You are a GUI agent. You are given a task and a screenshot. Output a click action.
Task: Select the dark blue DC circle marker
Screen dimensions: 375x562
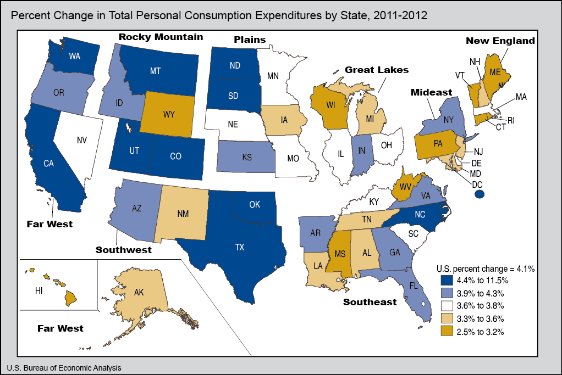click(480, 194)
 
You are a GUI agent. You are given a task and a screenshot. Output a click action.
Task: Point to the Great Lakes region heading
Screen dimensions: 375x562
click(377, 70)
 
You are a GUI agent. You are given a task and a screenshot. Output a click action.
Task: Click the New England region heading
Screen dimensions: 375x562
click(500, 41)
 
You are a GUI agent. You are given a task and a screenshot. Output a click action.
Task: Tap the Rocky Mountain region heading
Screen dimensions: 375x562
click(161, 37)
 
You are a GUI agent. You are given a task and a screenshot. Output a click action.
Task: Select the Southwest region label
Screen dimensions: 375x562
click(123, 250)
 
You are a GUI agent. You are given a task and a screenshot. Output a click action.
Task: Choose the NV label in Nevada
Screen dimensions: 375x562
click(82, 140)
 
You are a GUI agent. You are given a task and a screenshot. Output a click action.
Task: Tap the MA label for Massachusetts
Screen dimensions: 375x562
click(521, 97)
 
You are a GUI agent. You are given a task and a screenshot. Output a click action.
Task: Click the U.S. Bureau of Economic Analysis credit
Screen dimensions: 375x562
click(64, 367)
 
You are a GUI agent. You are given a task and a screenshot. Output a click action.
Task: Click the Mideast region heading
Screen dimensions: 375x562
click(431, 92)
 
